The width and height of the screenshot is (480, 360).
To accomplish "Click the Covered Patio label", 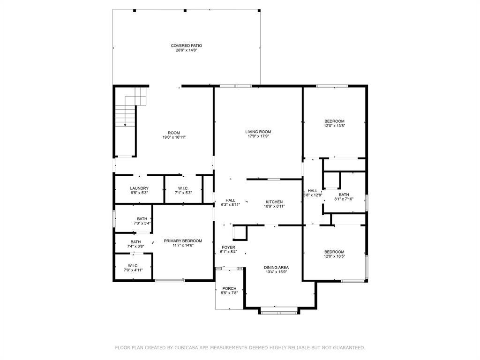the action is point(186,45).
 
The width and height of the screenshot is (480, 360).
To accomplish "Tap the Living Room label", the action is point(258,132).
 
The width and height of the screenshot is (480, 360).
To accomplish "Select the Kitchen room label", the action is point(274,202).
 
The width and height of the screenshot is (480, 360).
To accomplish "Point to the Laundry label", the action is point(139,188).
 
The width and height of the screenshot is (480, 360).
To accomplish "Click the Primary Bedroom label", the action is point(183,241).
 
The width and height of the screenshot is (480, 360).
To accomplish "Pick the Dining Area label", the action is point(276,267).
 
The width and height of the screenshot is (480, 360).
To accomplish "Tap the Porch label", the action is point(229,288).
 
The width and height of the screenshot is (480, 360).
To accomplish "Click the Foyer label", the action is point(228,247).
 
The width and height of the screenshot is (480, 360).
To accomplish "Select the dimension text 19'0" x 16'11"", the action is point(174,137).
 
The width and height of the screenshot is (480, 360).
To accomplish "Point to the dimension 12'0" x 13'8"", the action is point(335,126).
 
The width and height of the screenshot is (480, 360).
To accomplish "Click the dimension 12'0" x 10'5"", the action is point(334,256).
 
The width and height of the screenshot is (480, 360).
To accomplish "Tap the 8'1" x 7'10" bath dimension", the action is point(344,199).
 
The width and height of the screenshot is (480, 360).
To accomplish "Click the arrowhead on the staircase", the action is point(125,125).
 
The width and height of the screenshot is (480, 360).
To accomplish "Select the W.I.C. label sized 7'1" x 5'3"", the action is point(183,188).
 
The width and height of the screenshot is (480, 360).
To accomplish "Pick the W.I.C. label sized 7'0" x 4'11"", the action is point(133,266).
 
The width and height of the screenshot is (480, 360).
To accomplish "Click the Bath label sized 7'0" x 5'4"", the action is point(142,219).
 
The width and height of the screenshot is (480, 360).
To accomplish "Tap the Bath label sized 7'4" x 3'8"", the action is point(135,242).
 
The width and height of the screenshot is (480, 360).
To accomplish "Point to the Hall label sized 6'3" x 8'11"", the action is point(230,201).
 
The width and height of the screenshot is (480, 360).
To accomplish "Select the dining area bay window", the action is point(278,313).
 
